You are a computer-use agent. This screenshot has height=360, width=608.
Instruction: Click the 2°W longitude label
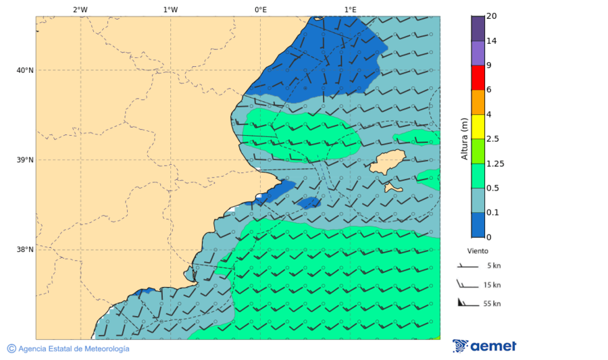tap(80, 9)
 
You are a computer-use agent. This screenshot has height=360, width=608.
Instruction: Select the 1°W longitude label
tap(170, 9)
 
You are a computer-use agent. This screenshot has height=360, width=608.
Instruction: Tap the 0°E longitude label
tap(260, 9)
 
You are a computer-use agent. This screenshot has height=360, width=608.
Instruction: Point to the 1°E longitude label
tap(350, 9)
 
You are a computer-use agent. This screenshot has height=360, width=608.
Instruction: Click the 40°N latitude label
tap(25, 70)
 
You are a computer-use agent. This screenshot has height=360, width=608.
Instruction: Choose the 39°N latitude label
tap(25, 160)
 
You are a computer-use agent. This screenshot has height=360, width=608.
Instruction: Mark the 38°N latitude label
tap(25, 250)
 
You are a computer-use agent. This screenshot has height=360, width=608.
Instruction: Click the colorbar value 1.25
tap(496, 163)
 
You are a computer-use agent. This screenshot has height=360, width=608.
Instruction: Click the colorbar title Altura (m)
tap(464, 138)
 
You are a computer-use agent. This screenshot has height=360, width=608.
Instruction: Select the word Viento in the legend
tap(478, 251)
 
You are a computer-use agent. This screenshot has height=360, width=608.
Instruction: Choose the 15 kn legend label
tap(492, 285)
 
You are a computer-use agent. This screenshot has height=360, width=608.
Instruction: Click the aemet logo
tap(484, 346)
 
